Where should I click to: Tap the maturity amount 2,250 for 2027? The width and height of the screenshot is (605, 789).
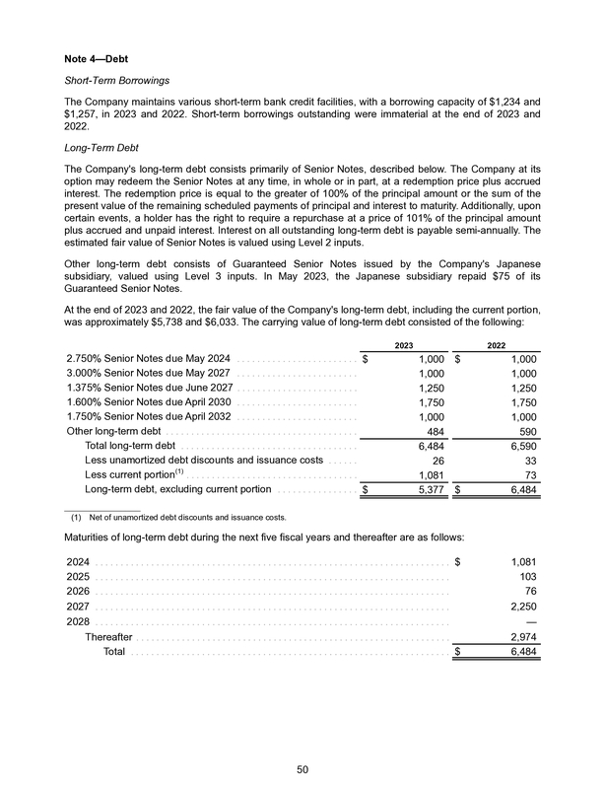(x=522, y=607)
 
